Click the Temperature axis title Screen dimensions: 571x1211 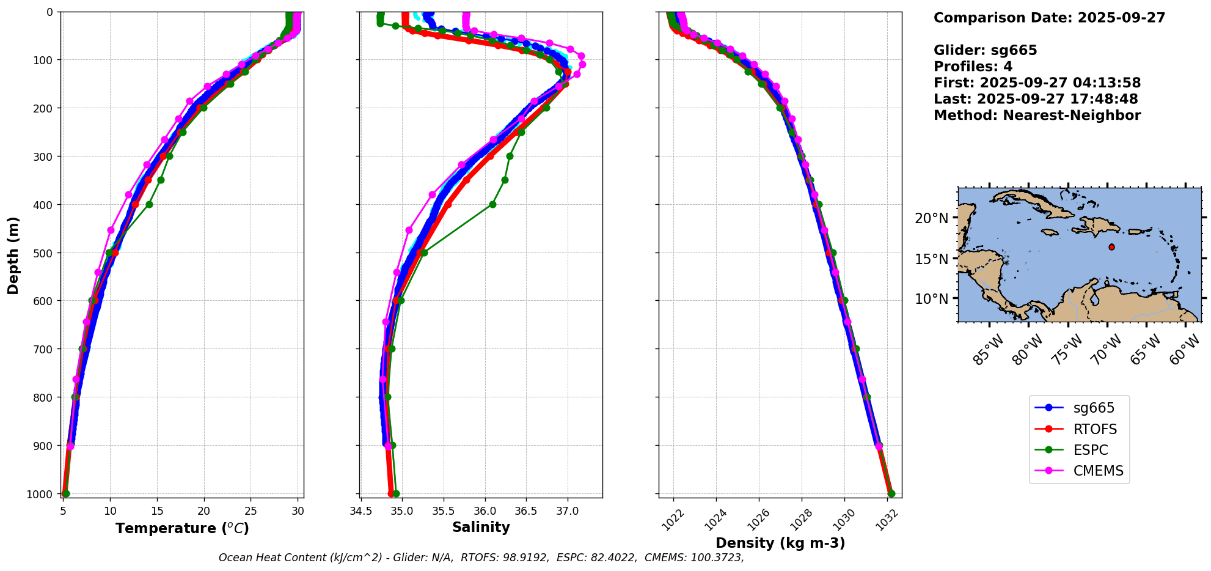(182, 528)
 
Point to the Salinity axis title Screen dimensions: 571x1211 (481, 528)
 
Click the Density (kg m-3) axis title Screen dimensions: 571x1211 (780, 543)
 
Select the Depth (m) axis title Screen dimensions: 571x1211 (13, 255)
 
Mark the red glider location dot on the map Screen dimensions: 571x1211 (1111, 247)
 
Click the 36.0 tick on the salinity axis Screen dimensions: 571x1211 (485, 510)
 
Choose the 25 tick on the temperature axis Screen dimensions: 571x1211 (251, 510)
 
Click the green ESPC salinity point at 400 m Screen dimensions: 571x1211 (492, 204)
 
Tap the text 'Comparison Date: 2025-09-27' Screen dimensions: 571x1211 (1049, 18)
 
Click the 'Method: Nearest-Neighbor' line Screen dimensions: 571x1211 (1037, 116)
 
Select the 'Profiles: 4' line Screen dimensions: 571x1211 (973, 67)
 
